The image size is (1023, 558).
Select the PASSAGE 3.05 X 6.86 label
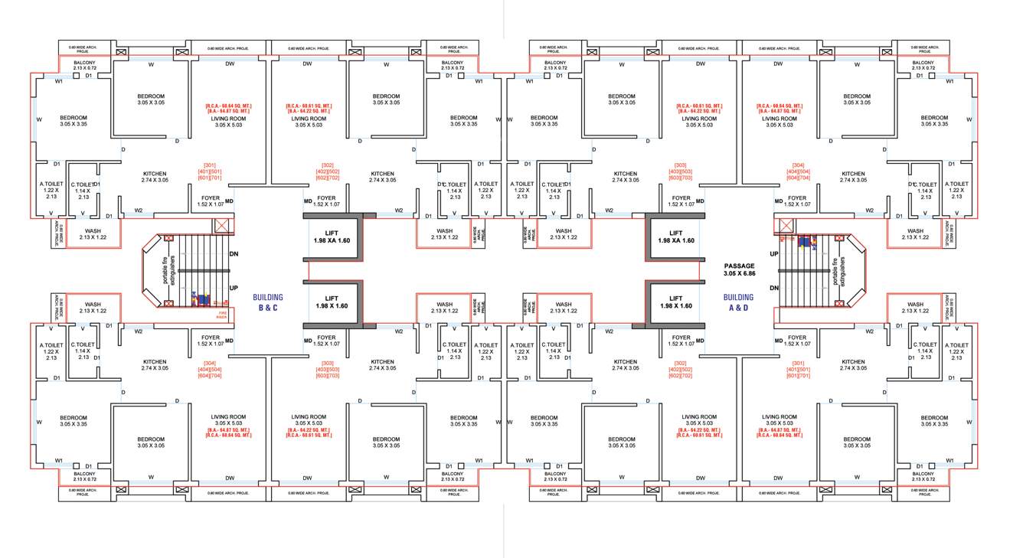point(739,269)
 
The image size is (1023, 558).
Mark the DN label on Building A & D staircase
point(773,288)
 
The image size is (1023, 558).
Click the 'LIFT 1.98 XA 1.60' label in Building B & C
point(332,237)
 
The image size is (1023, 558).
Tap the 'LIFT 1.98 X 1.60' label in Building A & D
point(675,302)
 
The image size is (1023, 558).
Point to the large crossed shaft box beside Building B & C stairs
point(221,226)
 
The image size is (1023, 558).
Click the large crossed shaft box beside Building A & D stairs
point(785,226)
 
